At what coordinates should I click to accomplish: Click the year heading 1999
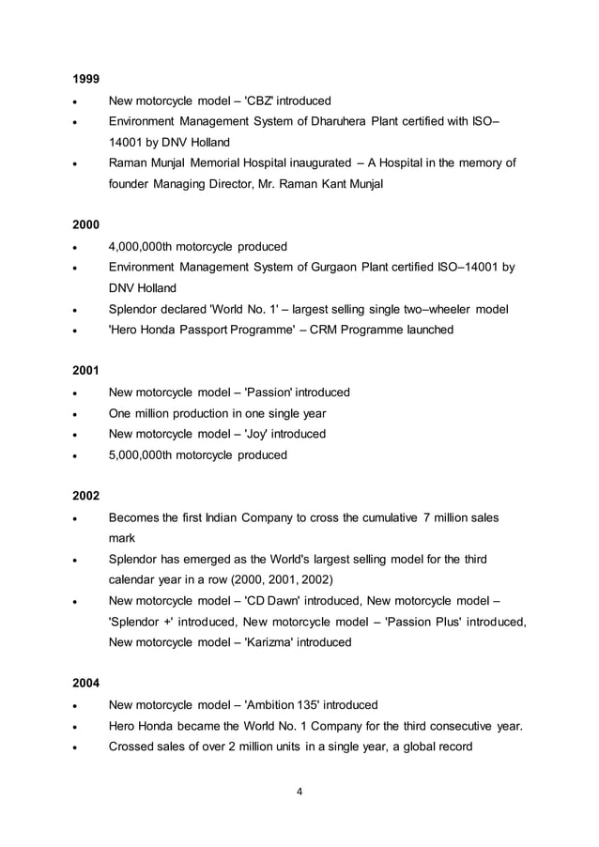(x=86, y=78)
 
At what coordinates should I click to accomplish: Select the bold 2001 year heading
(x=86, y=370)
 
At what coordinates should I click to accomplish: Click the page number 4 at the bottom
(x=299, y=791)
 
